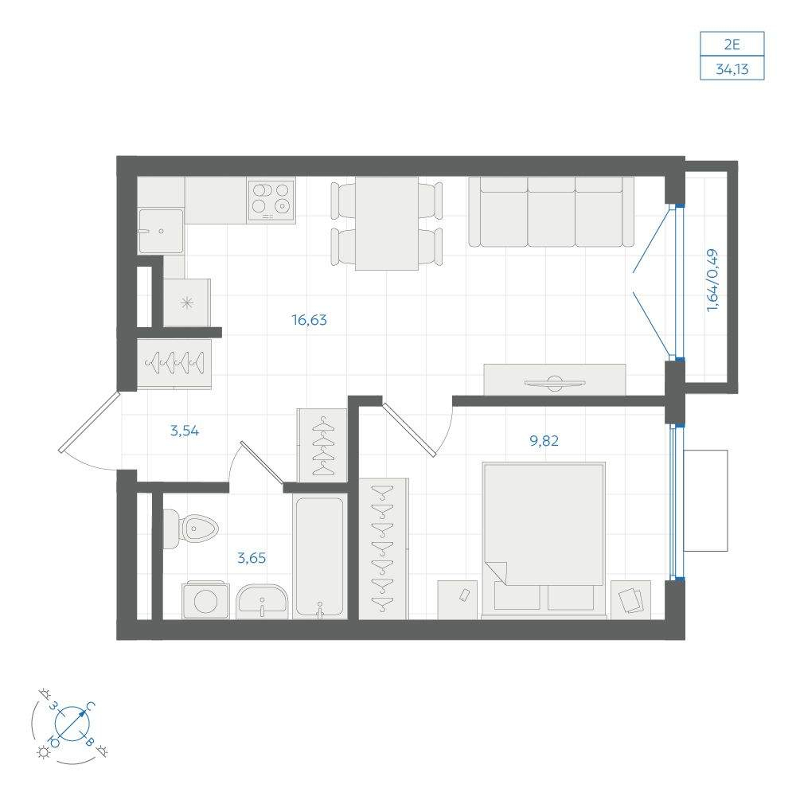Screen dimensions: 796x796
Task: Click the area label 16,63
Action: tap(309, 320)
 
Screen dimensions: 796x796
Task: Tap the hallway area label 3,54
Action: tap(185, 431)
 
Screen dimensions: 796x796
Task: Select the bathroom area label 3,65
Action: tap(252, 558)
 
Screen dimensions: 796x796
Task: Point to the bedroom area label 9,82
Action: tap(544, 441)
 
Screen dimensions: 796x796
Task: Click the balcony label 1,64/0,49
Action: tap(712, 279)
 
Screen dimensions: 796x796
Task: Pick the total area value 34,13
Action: tap(732, 68)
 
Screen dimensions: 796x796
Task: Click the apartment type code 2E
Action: tap(732, 45)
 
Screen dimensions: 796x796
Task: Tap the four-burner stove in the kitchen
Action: tap(271, 201)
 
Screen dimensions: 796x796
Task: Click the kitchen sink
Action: tap(161, 231)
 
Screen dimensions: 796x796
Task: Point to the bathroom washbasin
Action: tap(262, 601)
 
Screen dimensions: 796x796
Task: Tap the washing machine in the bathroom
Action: tap(205, 600)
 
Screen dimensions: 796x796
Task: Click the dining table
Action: tap(387, 224)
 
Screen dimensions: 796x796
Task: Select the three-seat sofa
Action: tap(552, 212)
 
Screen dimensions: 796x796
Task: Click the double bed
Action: tap(544, 539)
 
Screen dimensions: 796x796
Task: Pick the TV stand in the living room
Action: tap(554, 380)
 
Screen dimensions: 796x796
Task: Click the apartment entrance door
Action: tap(89, 422)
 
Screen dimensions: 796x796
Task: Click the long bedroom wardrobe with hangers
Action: tap(384, 548)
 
